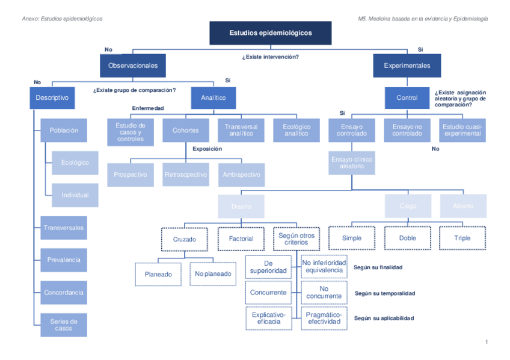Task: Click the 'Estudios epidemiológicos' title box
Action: [270, 33]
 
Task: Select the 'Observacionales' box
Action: [133, 66]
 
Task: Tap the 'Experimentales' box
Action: [407, 66]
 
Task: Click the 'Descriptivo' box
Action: [52, 97]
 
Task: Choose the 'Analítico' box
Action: [214, 97]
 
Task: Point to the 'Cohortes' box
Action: [185, 130]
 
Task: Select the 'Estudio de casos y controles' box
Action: [131, 131]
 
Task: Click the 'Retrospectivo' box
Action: [185, 175]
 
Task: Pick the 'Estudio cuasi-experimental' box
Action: [462, 130]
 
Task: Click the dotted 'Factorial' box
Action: [241, 239]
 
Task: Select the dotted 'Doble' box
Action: [407, 238]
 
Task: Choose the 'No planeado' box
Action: [213, 274]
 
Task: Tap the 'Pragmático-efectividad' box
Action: [324, 318]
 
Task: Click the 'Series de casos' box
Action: [64, 325]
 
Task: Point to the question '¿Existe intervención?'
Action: [270, 57]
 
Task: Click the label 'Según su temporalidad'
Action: [384, 294]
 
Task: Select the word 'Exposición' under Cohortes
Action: [207, 149]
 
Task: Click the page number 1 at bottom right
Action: [486, 342]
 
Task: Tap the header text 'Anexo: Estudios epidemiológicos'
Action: [62, 19]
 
